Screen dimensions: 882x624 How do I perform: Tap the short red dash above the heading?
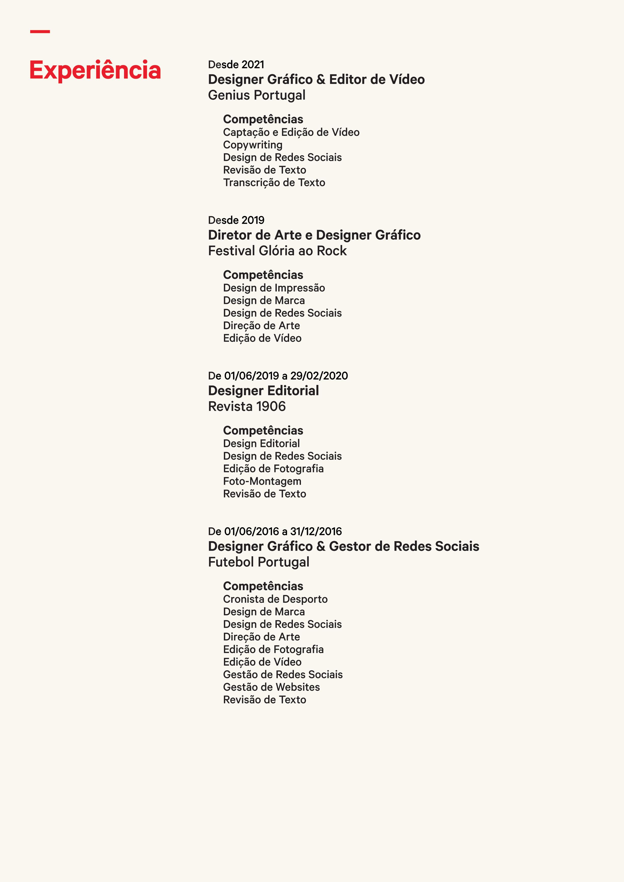click(40, 31)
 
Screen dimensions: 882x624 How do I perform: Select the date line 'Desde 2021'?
click(236, 65)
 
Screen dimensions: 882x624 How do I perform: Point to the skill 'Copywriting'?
click(253, 145)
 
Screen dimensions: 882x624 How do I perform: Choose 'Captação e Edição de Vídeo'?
click(291, 132)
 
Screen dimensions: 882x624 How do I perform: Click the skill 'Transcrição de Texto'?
click(274, 183)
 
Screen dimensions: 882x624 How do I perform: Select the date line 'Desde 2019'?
click(236, 220)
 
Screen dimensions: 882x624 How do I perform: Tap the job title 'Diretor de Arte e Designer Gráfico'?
click(314, 235)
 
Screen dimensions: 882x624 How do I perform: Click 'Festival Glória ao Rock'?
click(277, 251)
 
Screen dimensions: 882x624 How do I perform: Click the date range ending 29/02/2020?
click(278, 376)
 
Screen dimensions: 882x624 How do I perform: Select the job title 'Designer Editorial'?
click(263, 391)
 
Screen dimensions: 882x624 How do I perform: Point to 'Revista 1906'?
click(247, 406)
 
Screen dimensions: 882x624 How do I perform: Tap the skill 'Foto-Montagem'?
click(262, 481)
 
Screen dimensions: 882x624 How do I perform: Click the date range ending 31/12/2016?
click(275, 531)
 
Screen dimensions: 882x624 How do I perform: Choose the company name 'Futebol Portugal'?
click(258, 562)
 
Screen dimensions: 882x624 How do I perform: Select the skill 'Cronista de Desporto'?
click(275, 599)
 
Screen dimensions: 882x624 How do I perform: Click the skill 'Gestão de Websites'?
click(271, 687)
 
